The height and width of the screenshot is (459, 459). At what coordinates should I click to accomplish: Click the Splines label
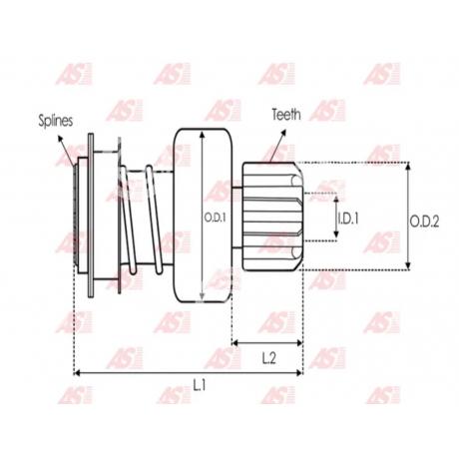(x=56, y=121)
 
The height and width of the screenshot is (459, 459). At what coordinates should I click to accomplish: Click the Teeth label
(x=286, y=115)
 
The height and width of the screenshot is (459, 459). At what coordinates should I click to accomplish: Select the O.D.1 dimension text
(x=215, y=218)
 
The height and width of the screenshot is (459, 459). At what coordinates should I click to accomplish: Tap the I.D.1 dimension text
(x=348, y=219)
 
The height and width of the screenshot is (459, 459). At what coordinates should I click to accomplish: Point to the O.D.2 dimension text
(x=424, y=222)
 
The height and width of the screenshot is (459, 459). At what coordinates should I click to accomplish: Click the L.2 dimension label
(x=268, y=358)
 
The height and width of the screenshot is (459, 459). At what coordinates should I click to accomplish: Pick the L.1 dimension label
(x=200, y=385)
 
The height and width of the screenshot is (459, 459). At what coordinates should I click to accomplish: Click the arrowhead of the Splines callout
(x=60, y=138)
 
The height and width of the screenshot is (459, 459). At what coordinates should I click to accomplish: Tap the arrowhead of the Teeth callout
(x=283, y=132)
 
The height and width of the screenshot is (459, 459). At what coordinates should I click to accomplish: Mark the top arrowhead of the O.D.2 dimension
(x=409, y=166)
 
